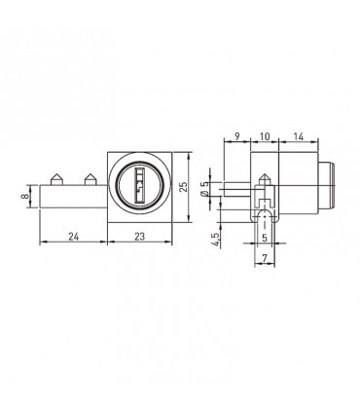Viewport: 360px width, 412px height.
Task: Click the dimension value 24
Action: [74, 237]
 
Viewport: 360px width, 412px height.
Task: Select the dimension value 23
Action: [139, 237]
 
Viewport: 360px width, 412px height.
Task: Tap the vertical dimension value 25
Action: [183, 187]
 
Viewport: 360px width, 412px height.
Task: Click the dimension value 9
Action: [236, 136]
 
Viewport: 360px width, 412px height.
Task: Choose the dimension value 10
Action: [265, 136]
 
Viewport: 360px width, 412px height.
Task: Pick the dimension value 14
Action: [299, 136]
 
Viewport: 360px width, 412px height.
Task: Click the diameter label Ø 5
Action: [204, 189]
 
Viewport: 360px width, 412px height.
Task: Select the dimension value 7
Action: [265, 258]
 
